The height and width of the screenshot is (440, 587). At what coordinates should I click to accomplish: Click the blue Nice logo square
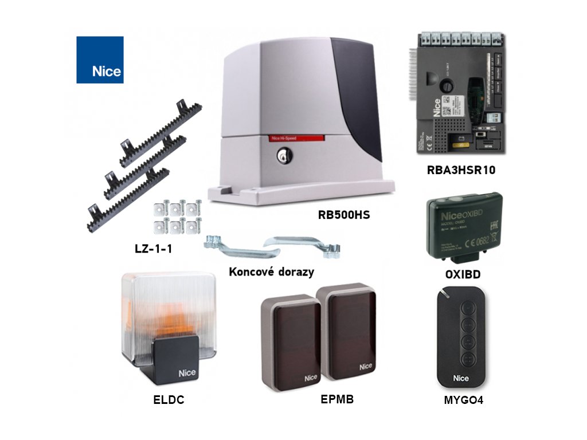tap(100, 60)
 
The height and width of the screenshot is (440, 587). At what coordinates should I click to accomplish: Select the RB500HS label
tap(344, 215)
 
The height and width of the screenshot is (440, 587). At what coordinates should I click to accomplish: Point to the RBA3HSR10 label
tap(461, 170)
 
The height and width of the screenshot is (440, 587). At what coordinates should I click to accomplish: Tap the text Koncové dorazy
tap(271, 272)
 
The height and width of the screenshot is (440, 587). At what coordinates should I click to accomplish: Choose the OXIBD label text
tap(463, 274)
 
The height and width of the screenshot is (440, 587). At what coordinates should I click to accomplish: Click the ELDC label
tap(169, 400)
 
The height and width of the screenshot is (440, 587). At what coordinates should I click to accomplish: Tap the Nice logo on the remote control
tap(461, 378)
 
